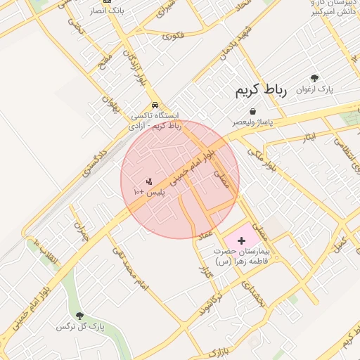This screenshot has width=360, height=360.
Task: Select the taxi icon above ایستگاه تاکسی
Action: pyautogui.click(x=155, y=105)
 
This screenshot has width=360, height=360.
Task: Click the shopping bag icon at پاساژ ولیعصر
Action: pyautogui.click(x=252, y=110)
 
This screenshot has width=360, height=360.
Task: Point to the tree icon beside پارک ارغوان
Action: pyautogui.click(x=314, y=79)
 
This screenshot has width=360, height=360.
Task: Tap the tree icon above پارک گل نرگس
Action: pyautogui.click(x=79, y=316)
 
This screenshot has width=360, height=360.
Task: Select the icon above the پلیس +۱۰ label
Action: pyautogui.click(x=148, y=182)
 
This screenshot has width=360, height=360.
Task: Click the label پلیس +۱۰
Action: pyautogui.click(x=148, y=192)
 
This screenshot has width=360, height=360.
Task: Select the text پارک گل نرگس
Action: pyautogui.click(x=79, y=327)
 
